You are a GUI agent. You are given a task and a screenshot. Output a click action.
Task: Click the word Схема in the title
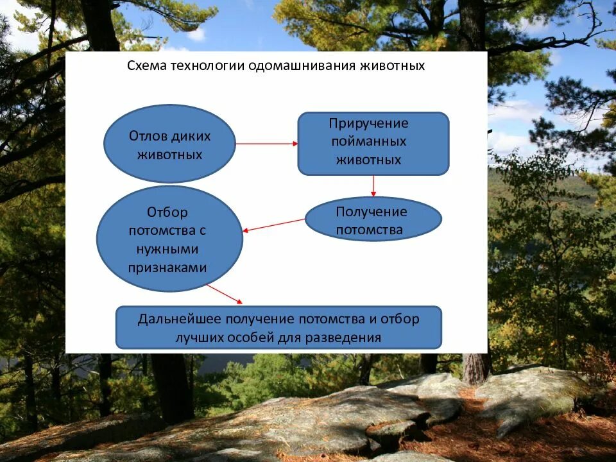click(144, 66)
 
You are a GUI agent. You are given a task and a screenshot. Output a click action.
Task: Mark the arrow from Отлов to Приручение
click(266, 144)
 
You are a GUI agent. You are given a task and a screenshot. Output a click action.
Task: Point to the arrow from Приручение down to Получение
click(373, 186)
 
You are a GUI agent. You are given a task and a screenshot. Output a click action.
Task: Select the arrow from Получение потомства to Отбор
click(274, 225)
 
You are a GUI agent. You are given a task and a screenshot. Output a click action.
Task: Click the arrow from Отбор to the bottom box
click(225, 294)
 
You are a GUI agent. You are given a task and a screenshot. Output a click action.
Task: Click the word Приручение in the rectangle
click(368, 123)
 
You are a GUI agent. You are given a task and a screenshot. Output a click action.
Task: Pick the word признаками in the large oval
click(168, 268)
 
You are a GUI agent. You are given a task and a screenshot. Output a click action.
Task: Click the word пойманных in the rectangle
click(369, 142)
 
